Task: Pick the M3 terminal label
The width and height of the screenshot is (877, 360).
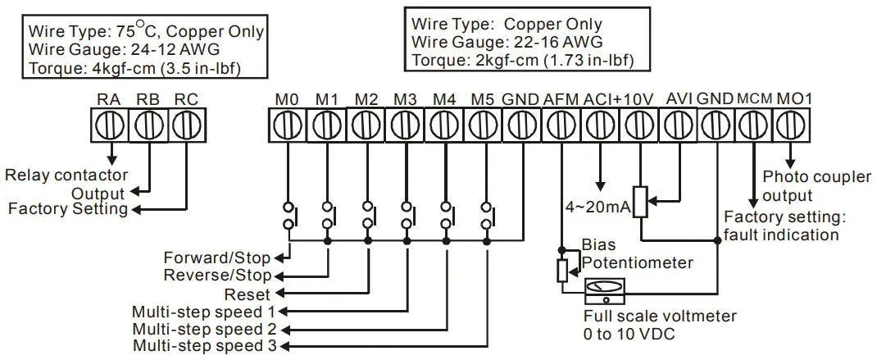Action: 404,99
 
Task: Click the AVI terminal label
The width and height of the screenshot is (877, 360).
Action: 679,99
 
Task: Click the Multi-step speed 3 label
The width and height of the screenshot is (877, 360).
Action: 205,345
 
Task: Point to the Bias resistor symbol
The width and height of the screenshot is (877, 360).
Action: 562,269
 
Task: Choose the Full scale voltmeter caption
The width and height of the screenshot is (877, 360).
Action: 660,317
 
